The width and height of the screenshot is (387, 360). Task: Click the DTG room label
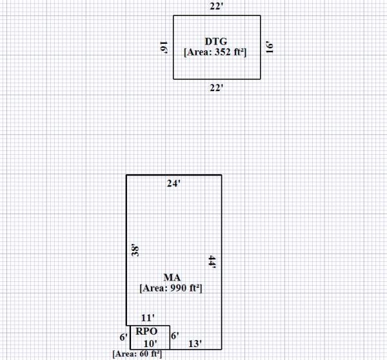point(217,41)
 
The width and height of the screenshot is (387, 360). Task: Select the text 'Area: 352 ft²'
point(217,52)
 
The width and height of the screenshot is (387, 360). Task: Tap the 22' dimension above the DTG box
point(217,6)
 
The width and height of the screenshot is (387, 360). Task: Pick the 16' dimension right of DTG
point(270,47)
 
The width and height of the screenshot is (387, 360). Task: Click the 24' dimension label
point(174,184)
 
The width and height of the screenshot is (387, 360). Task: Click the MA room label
point(172,277)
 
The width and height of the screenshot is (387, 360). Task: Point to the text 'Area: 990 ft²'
point(172,288)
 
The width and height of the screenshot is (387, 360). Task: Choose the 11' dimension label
point(147,318)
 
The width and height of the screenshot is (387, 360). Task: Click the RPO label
point(147,332)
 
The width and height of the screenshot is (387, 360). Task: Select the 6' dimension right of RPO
point(174,335)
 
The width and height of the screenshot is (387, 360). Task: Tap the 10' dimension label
point(150,343)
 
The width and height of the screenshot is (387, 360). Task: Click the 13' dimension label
point(193,343)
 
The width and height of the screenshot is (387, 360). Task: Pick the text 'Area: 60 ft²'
point(137,354)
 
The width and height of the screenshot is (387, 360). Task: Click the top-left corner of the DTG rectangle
point(173,15)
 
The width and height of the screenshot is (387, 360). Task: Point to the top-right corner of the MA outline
point(221,175)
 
